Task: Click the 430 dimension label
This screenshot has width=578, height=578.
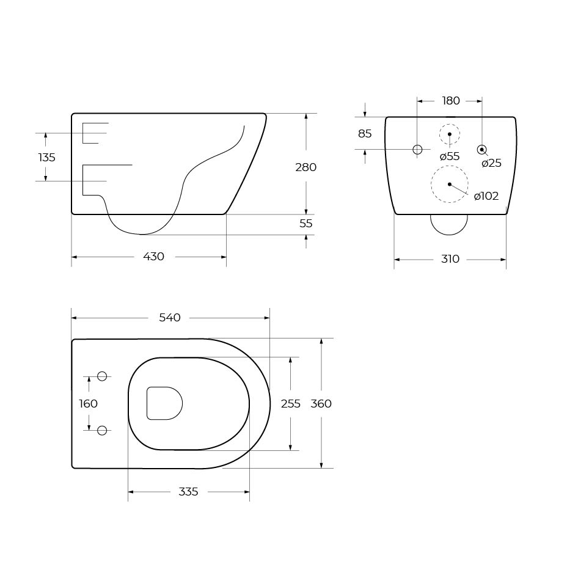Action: coord(153,257)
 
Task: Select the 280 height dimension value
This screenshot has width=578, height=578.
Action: coord(305,167)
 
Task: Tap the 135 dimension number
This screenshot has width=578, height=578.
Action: coord(47,158)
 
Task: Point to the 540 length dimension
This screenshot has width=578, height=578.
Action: coord(170,318)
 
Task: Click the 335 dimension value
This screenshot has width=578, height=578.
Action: coord(188,492)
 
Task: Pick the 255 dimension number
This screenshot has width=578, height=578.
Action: coord(290,404)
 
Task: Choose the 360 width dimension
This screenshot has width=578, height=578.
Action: coord(321,404)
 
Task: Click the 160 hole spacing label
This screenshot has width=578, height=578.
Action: coord(88,404)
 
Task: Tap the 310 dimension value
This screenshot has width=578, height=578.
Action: coord(450,259)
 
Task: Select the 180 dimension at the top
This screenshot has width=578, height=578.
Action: coord(451,101)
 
